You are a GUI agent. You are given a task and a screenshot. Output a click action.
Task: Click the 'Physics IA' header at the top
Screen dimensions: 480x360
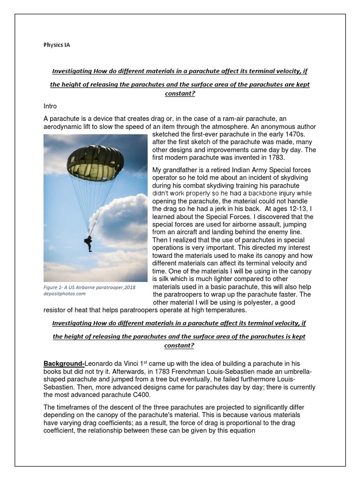click(x=56, y=45)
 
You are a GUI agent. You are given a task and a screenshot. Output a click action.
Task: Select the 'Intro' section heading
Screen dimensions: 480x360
click(x=50, y=106)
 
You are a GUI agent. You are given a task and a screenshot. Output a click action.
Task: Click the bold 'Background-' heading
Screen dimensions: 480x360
click(x=63, y=364)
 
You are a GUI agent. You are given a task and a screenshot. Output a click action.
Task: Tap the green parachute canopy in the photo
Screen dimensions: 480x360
click(x=95, y=162)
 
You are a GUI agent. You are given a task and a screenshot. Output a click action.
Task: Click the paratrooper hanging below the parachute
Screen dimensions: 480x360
click(x=88, y=243)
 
